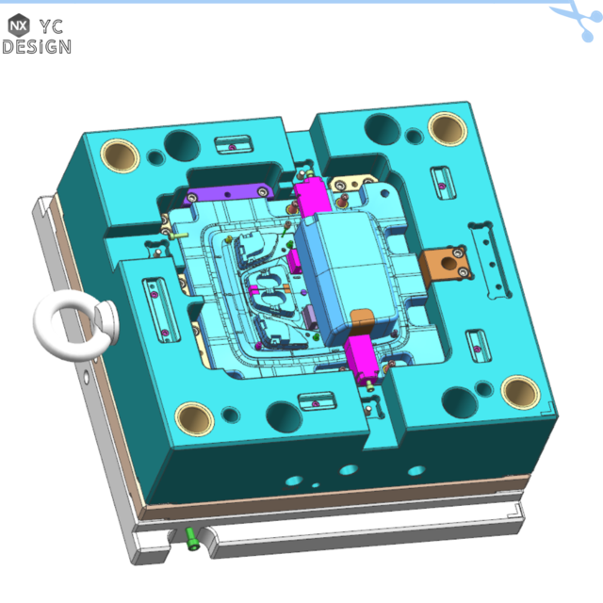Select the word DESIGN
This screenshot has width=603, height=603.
coord(36,46)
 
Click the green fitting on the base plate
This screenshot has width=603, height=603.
coord(193,539)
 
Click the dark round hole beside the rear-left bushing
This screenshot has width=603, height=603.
coord(179,143)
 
